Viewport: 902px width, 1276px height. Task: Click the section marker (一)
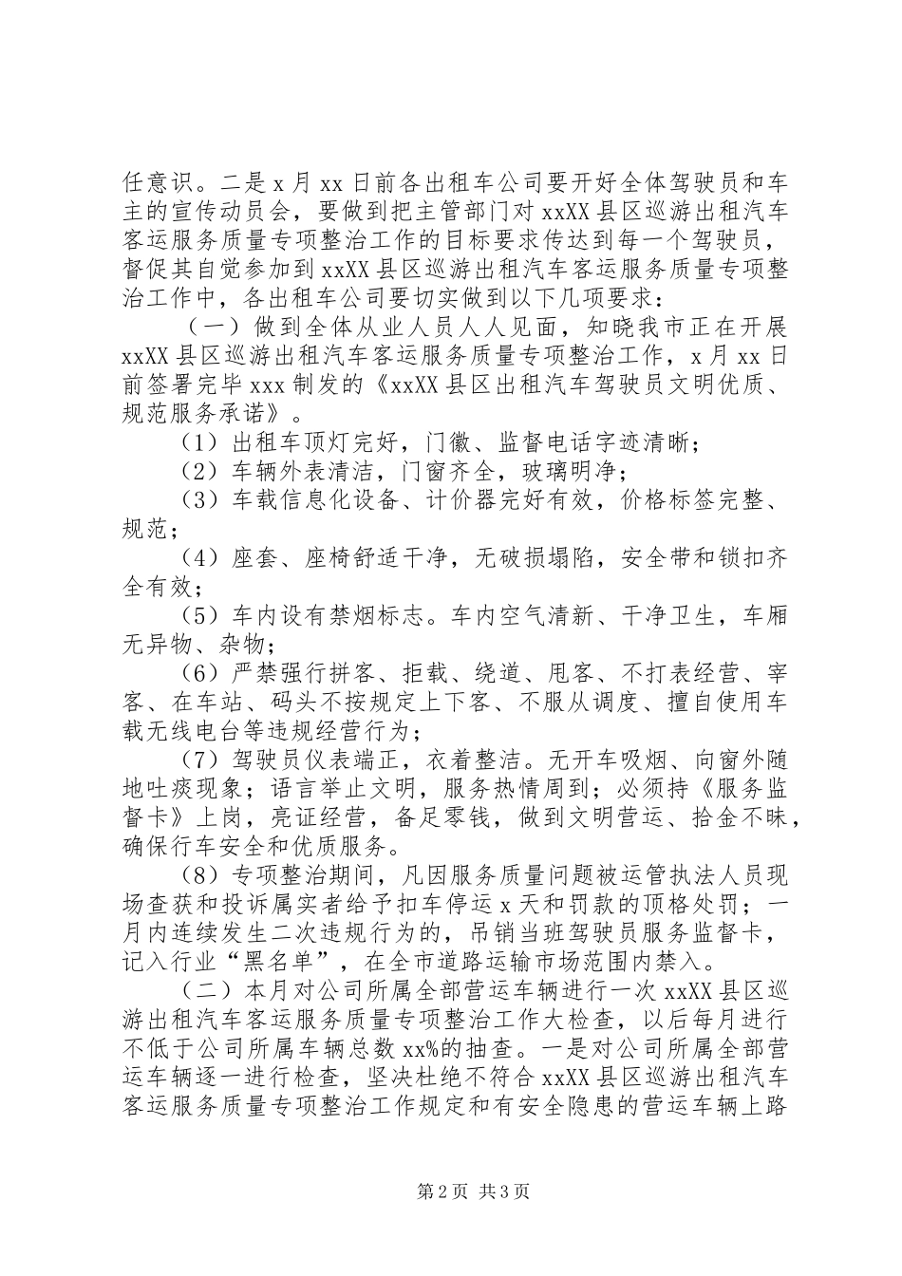201,326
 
